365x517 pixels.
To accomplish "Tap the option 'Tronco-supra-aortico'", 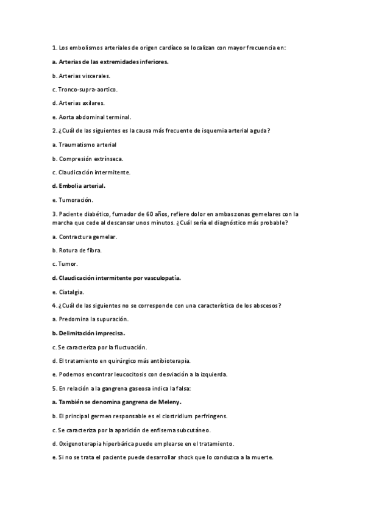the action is (x=85, y=89).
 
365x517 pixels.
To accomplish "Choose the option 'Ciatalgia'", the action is (x=71, y=292).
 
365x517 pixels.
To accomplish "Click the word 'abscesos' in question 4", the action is (x=268, y=305).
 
